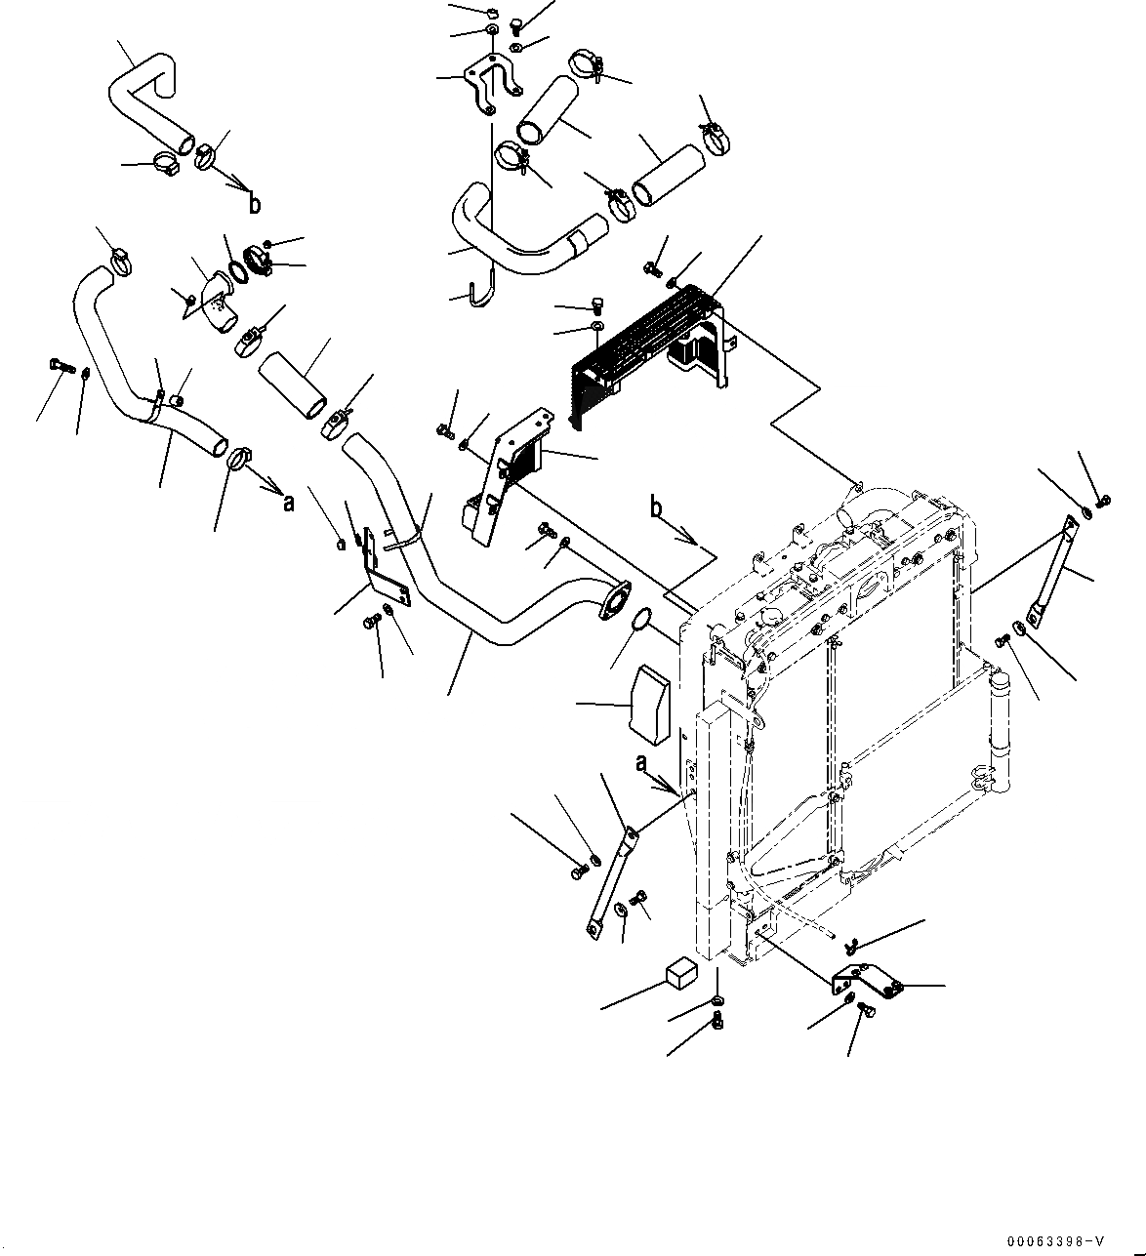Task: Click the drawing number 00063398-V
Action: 1054,1241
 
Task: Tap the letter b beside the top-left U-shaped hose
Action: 255,204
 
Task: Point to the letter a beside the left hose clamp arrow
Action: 288,504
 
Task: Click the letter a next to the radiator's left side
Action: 641,764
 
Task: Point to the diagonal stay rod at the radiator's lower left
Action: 610,878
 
